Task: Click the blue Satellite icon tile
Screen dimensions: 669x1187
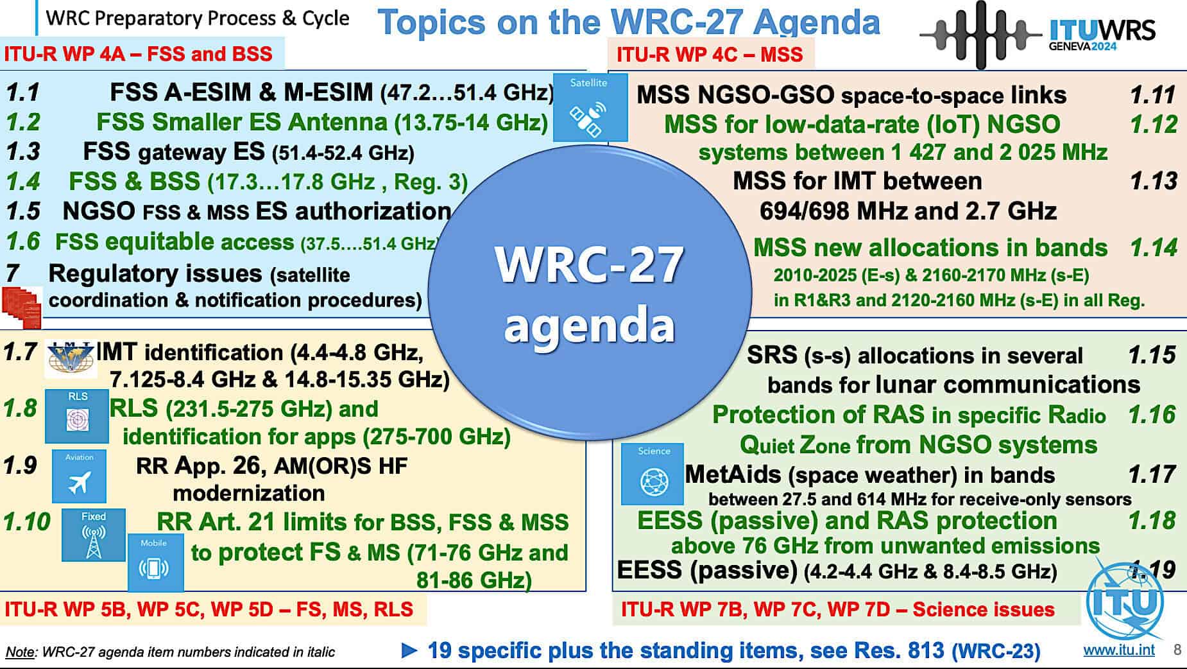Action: (x=590, y=107)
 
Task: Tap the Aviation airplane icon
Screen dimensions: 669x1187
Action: (x=79, y=476)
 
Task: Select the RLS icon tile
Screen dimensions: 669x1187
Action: (x=77, y=416)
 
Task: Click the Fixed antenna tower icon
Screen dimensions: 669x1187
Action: (x=94, y=535)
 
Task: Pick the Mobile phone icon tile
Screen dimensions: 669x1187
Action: (x=155, y=562)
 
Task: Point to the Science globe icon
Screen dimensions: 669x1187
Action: (x=653, y=474)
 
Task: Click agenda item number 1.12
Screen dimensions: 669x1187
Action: (x=1154, y=124)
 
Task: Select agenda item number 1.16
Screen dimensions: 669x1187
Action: (x=1152, y=415)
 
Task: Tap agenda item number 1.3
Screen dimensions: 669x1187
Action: (x=23, y=152)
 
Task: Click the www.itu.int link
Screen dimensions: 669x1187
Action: (x=1118, y=650)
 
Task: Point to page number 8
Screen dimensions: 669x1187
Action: (x=1177, y=650)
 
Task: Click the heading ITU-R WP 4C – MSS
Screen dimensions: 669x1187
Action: (x=710, y=54)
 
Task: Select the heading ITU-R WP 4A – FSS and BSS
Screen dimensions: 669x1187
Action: (x=139, y=53)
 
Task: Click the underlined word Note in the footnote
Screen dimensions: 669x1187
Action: (x=20, y=652)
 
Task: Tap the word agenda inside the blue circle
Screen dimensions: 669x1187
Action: (x=589, y=325)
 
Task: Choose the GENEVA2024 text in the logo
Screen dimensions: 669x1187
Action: (x=1083, y=46)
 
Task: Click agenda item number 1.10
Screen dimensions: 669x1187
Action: (x=27, y=522)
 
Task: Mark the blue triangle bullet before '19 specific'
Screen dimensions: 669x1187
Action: (x=409, y=650)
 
